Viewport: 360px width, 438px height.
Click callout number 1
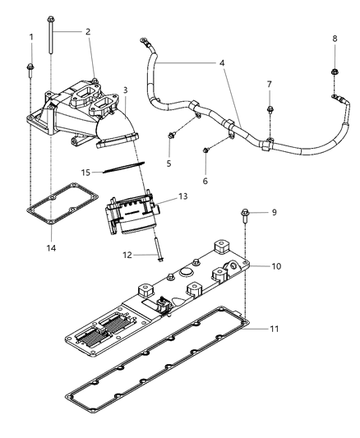coord(31,38)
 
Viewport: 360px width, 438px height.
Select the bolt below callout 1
coord(31,67)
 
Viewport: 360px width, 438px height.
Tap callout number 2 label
coord(88,31)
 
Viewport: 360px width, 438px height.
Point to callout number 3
coord(125,89)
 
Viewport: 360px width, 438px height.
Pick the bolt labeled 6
coord(205,149)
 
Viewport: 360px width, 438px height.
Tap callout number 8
coord(335,39)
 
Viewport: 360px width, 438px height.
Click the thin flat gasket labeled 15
coord(122,169)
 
